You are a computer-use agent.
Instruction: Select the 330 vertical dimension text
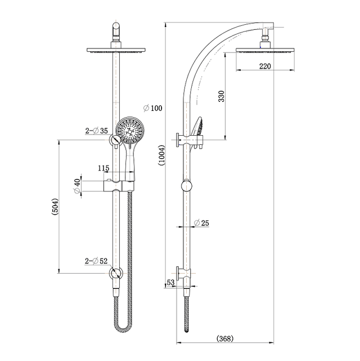pyautogui.click(x=221, y=96)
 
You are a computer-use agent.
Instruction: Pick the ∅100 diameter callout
pyautogui.click(x=152, y=108)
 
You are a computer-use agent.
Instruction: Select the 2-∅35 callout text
pyautogui.click(x=96, y=131)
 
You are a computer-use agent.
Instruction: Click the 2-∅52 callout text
pyautogui.click(x=96, y=261)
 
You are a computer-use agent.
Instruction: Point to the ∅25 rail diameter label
pyautogui.click(x=201, y=223)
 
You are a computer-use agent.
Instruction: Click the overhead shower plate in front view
pyautogui.click(x=117, y=51)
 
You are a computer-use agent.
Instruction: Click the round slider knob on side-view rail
pyautogui.click(x=186, y=185)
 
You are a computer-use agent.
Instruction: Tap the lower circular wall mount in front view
pyautogui.click(x=116, y=274)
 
